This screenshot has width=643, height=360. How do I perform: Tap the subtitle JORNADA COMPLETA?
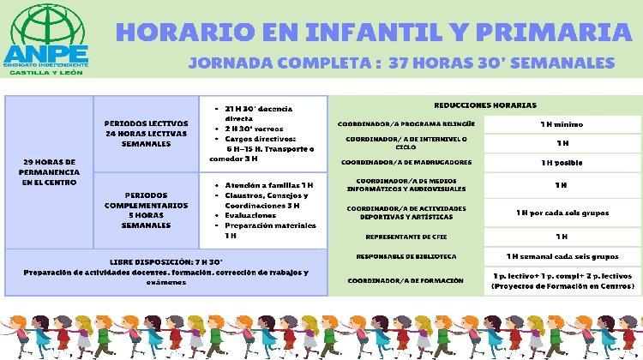pyautogui.click(x=283, y=63)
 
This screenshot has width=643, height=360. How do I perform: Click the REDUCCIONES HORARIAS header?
pyautogui.click(x=485, y=105)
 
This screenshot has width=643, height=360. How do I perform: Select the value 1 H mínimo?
pyautogui.click(x=562, y=124)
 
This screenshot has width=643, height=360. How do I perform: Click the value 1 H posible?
pyautogui.click(x=562, y=162)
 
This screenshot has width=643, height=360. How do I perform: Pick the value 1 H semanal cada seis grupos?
pyautogui.click(x=562, y=256)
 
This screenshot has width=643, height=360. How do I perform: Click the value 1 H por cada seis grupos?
pyautogui.click(x=562, y=212)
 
